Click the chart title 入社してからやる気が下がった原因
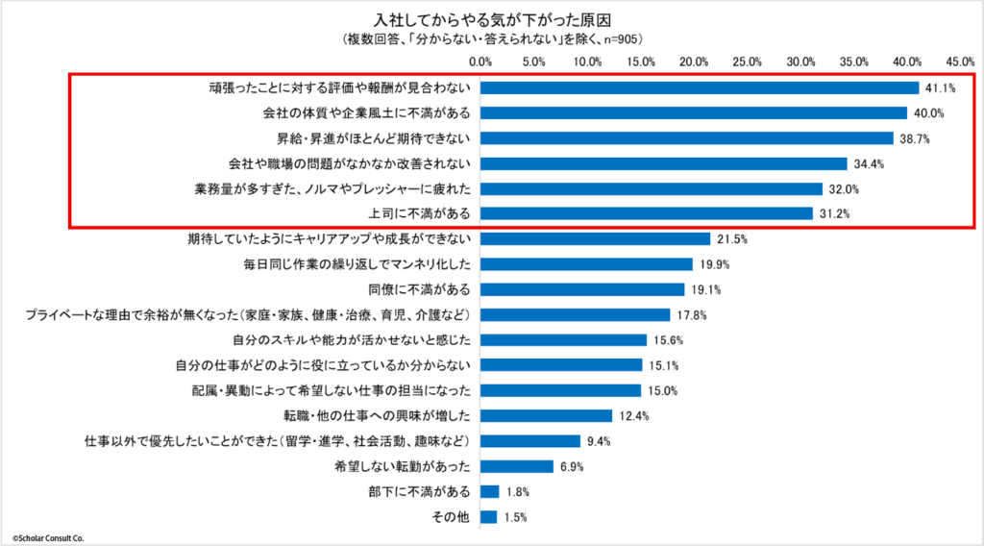[x=492, y=19]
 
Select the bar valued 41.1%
[x=700, y=87]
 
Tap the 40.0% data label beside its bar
[x=929, y=112]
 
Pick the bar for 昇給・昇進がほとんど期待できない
[x=687, y=137]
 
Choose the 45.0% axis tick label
[x=961, y=61]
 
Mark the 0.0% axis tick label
[x=480, y=61]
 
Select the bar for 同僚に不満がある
[x=582, y=289]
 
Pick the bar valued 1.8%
[x=490, y=491]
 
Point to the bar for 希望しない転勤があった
[x=517, y=466]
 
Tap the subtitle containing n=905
[x=492, y=38]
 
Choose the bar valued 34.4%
[x=664, y=163]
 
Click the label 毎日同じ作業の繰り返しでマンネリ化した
[x=358, y=263]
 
